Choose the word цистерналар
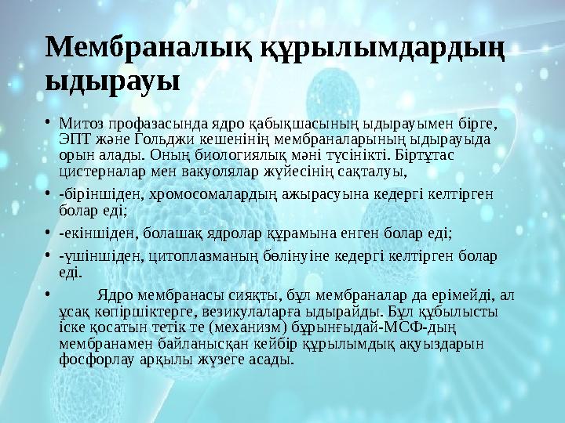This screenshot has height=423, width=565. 100,170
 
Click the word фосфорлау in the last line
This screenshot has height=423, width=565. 94,360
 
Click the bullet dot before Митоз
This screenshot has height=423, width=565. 49,123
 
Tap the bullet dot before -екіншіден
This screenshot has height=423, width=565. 49,233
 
